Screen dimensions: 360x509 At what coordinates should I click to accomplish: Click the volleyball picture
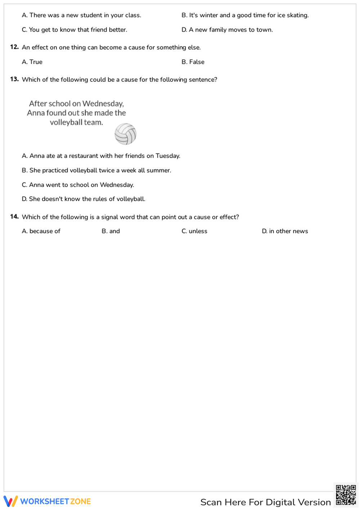click(x=125, y=134)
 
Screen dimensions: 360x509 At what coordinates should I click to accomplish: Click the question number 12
click(x=14, y=47)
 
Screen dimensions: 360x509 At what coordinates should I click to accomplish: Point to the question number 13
click(x=14, y=79)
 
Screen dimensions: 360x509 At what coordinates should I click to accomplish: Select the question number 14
click(x=14, y=217)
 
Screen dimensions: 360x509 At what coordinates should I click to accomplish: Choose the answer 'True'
click(x=32, y=62)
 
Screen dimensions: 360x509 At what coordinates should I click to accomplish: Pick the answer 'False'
click(x=193, y=62)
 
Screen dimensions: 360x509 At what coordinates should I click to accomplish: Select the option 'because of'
click(x=41, y=231)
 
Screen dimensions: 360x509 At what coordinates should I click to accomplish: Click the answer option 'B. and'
click(x=111, y=231)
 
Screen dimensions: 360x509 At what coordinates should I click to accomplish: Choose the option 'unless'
click(x=194, y=231)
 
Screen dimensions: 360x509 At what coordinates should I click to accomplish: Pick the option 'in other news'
click(x=285, y=231)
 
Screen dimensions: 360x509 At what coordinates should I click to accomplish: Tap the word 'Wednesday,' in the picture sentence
click(x=103, y=104)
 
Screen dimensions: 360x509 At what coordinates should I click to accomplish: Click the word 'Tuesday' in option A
click(x=167, y=156)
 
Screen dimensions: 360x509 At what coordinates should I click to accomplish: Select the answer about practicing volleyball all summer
click(x=96, y=170)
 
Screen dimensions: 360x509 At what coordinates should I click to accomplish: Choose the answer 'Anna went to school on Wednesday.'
click(x=78, y=185)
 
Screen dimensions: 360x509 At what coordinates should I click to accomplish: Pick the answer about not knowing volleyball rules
click(x=84, y=199)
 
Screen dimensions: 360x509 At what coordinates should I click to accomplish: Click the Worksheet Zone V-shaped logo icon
click(x=10, y=501)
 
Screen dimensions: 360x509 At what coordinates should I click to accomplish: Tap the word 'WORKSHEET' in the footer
click(x=45, y=501)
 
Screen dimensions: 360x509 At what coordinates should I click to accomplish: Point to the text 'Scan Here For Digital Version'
click(x=265, y=502)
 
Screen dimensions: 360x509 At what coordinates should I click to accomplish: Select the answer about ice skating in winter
click(x=245, y=15)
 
